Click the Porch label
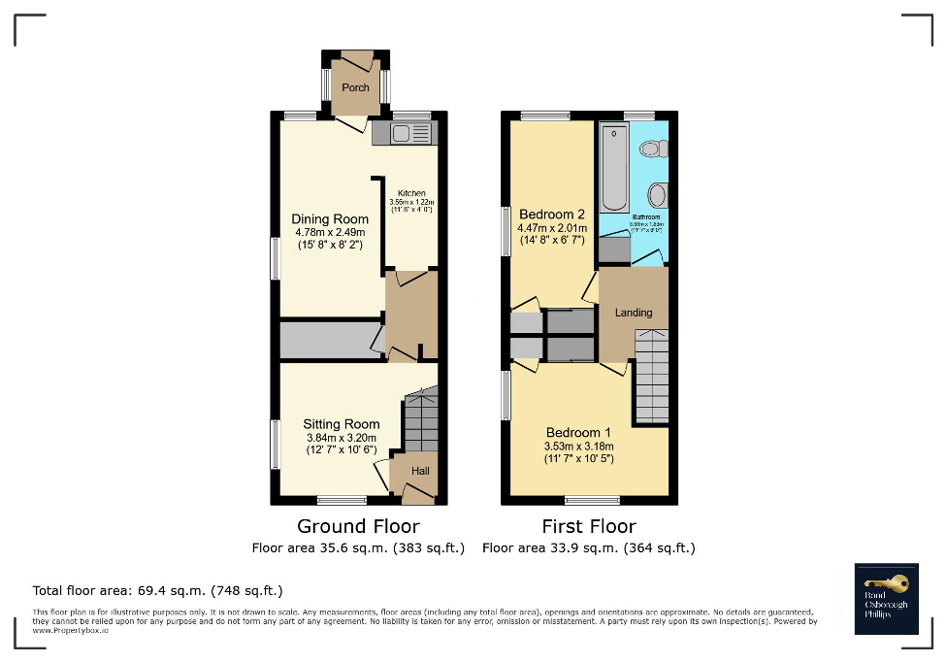pyautogui.click(x=355, y=87)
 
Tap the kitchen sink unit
pyautogui.click(x=404, y=133)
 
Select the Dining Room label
pyautogui.click(x=330, y=219)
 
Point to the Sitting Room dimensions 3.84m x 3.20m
pyautogui.click(x=341, y=438)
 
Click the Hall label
pyautogui.click(x=420, y=471)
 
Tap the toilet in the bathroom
pyautogui.click(x=652, y=149)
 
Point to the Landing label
pyautogui.click(x=633, y=313)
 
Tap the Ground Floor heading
pyautogui.click(x=358, y=526)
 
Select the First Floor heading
pyautogui.click(x=589, y=526)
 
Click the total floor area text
pyautogui.click(x=157, y=590)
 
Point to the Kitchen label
pyautogui.click(x=410, y=194)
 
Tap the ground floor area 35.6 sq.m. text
pyautogui.click(x=358, y=548)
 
